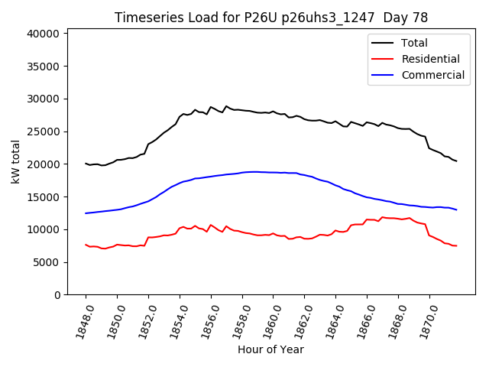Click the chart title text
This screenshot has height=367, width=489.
[271, 18]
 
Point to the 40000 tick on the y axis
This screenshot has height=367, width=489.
[46, 34]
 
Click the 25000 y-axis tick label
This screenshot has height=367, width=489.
[46, 132]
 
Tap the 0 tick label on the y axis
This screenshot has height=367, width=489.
[57, 295]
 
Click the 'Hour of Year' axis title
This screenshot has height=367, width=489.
[270, 349]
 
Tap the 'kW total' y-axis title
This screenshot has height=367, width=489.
[15, 162]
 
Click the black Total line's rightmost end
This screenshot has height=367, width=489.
[457, 161]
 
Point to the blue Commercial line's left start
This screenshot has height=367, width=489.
[86, 213]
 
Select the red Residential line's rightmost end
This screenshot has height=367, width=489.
[457, 245]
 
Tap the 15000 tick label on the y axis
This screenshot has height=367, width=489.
[46, 197]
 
